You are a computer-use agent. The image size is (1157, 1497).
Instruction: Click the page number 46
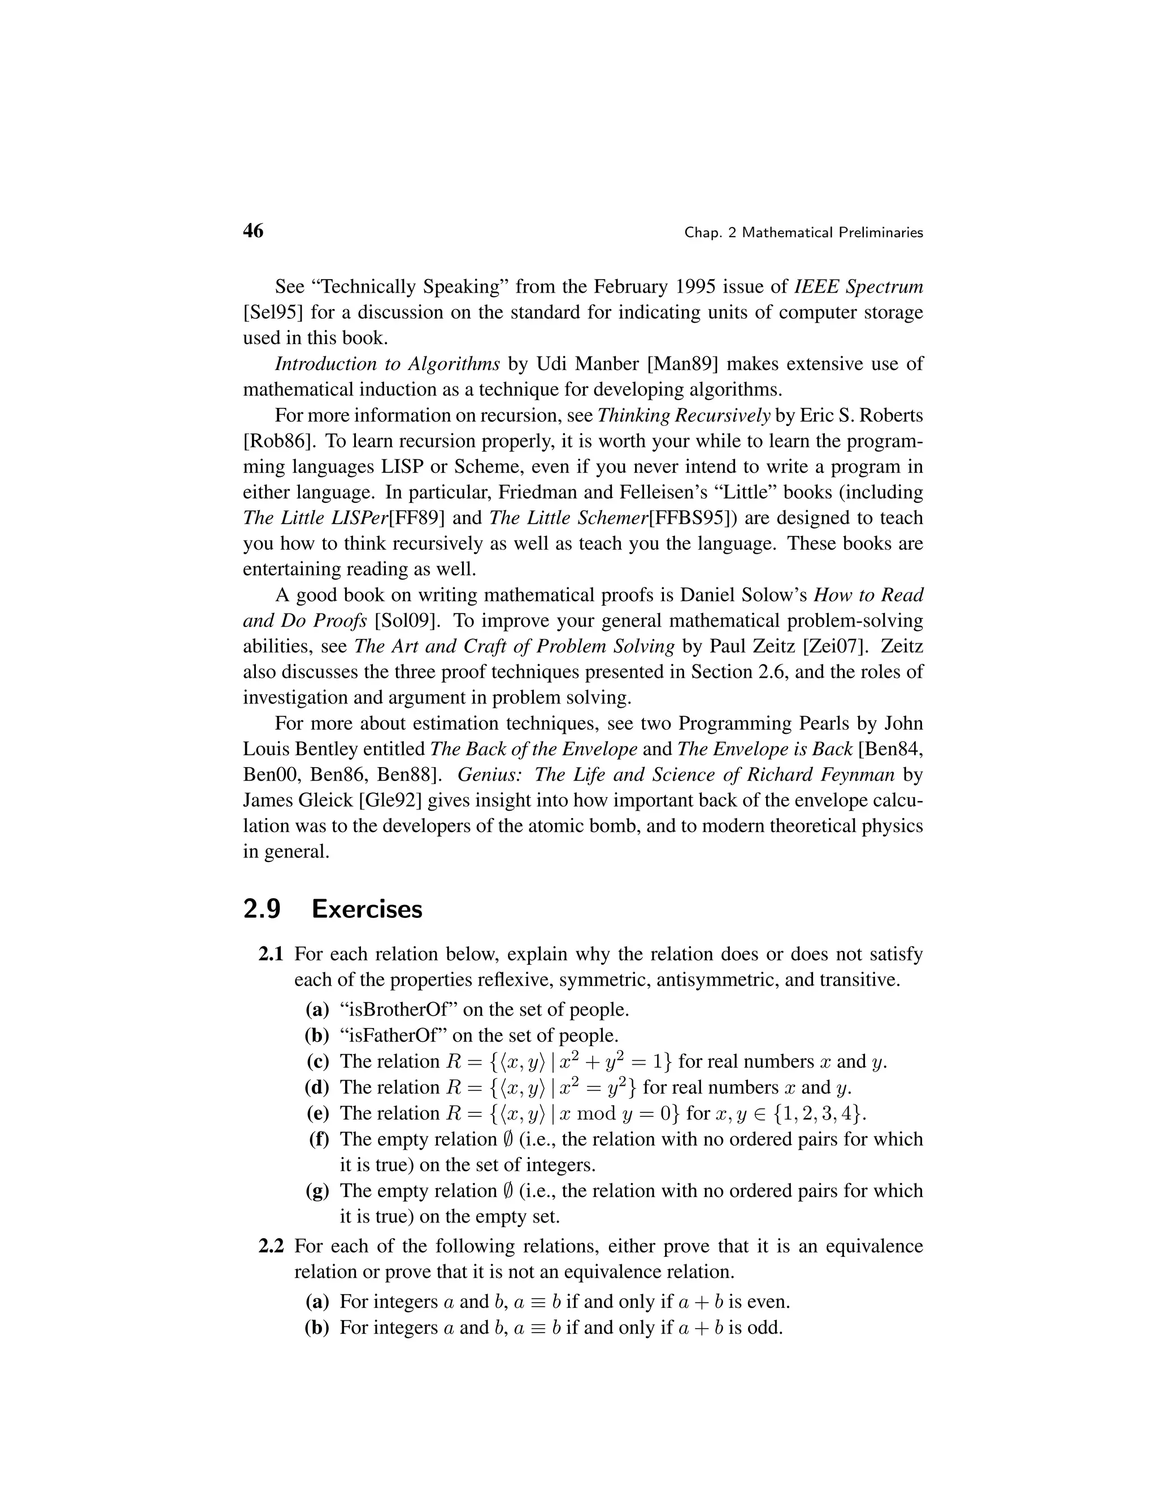coord(253,231)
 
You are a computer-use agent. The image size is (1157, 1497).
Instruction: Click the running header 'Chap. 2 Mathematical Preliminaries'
coord(803,233)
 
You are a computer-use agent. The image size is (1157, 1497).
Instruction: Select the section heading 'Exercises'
coord(367,909)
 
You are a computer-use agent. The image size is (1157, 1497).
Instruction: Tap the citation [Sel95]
coord(272,312)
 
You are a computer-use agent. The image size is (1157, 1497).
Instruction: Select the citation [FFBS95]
coord(691,518)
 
